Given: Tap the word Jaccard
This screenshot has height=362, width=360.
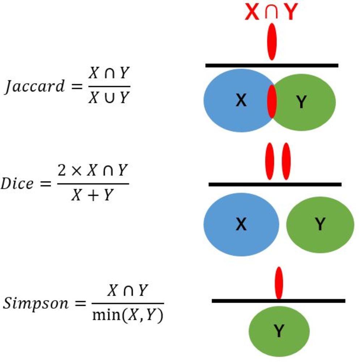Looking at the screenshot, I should click(x=34, y=87).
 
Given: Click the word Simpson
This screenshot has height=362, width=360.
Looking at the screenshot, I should click(x=35, y=303).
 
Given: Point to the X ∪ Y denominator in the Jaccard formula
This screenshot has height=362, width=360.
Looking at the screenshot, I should click(x=109, y=97).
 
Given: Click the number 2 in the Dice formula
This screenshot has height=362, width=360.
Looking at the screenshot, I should click(x=62, y=171).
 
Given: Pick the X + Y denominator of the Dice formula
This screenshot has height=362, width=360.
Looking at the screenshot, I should click(x=93, y=195).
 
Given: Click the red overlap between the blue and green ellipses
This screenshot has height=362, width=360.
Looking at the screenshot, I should click(x=272, y=101).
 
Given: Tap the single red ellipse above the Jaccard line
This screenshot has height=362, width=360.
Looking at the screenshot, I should click(x=272, y=42).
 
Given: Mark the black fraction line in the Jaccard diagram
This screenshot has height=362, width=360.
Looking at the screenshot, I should click(x=272, y=66).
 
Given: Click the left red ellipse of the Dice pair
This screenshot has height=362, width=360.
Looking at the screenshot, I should click(x=270, y=161).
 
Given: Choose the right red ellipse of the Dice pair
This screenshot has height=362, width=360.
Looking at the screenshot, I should click(x=286, y=161).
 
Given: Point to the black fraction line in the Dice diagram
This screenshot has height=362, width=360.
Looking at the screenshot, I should click(x=275, y=185).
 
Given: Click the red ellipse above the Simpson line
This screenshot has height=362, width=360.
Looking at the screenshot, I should click(x=279, y=283).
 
